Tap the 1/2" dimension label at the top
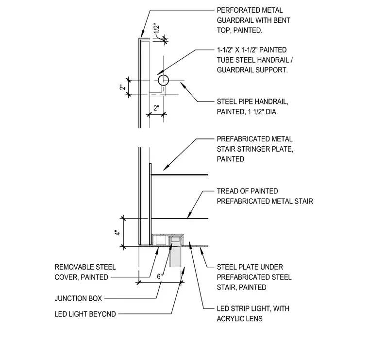tap(157, 30)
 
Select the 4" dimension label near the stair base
tap(117, 233)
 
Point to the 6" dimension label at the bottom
tap(160, 276)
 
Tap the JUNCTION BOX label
tap(78, 298)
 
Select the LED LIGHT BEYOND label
tap(85, 314)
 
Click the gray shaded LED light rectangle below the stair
tap(175, 257)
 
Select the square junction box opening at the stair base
tap(161, 240)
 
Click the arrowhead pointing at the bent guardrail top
tap(142, 35)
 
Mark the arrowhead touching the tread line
tap(189, 215)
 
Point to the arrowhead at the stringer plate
tap(166, 168)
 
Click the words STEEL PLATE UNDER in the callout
tap(250, 267)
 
